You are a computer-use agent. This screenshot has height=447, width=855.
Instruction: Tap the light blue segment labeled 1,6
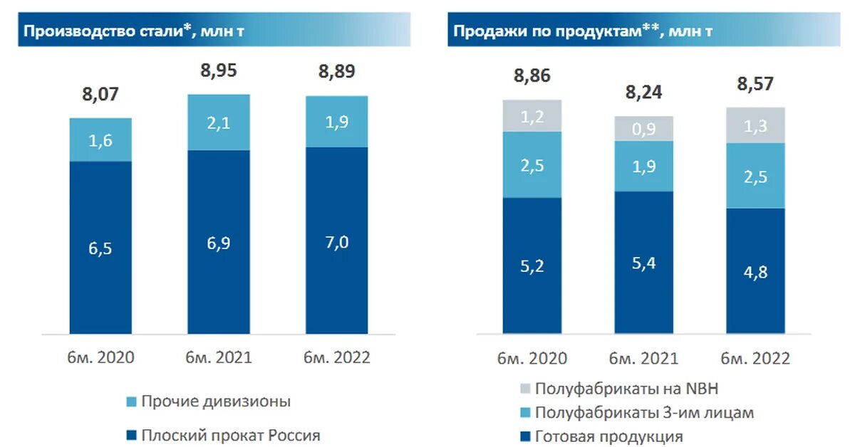point(100,140)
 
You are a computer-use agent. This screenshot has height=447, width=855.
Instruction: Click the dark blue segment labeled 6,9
point(218,242)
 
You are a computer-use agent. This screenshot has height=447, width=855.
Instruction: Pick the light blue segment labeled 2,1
point(218,122)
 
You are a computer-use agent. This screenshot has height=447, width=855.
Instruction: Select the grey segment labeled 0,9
point(644,128)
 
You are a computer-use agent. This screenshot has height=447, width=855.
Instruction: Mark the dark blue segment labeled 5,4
point(644,262)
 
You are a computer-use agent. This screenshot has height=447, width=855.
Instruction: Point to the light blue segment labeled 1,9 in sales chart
point(644,166)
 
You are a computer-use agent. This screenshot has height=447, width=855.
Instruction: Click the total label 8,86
point(532,76)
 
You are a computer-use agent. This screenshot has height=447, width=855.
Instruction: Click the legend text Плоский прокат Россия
point(230,435)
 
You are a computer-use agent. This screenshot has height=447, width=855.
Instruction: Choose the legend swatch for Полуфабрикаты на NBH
point(524,389)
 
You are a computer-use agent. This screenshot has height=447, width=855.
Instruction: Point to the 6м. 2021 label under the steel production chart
point(218,357)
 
